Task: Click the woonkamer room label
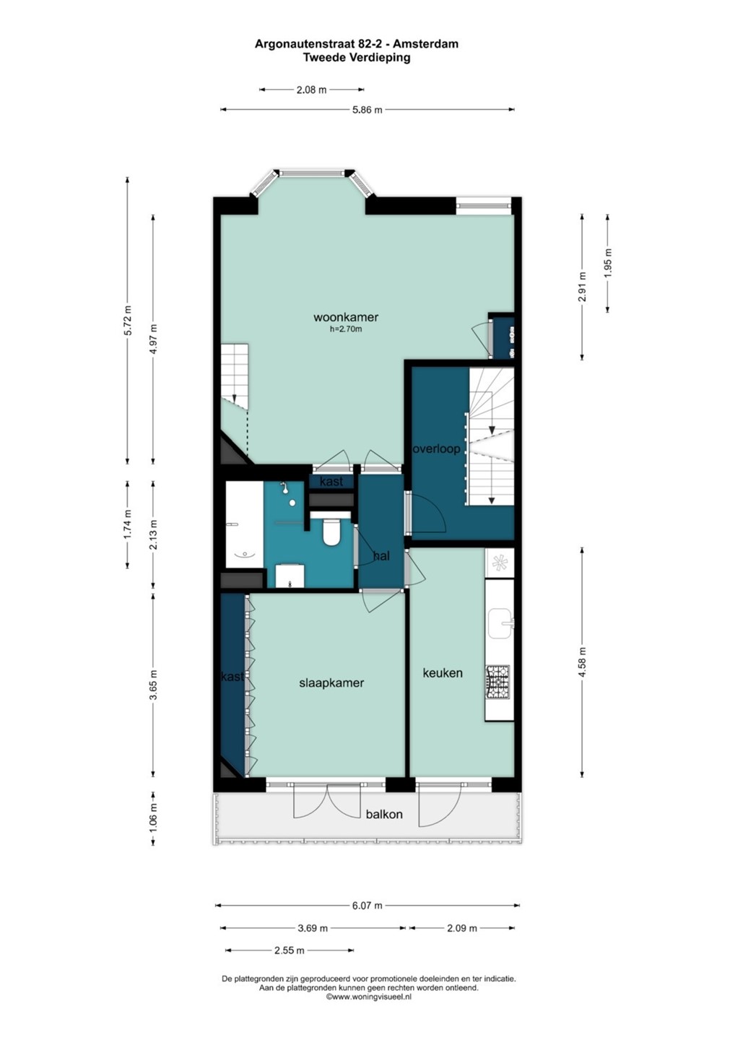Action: tap(346, 317)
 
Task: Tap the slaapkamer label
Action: tap(331, 683)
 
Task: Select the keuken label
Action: tap(442, 673)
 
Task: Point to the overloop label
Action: tap(437, 449)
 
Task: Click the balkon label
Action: tap(384, 814)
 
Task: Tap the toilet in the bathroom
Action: tap(331, 531)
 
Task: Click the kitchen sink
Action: tap(500, 623)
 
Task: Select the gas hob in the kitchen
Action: tap(497, 682)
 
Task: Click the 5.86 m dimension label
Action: tap(367, 110)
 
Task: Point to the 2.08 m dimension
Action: tap(311, 90)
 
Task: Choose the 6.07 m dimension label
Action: tap(367, 906)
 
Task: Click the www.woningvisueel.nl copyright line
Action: tap(368, 997)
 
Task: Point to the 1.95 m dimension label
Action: tap(609, 263)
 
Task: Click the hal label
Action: tap(381, 556)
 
